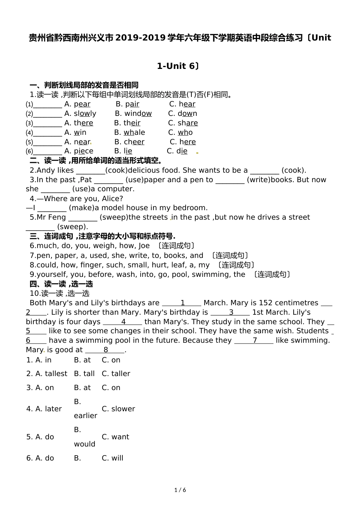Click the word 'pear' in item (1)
point(82,104)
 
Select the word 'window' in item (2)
point(138,114)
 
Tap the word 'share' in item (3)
point(188,123)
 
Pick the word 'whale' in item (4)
point(134,133)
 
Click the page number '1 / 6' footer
point(180,490)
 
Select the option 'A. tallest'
point(47,374)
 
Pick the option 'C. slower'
point(118,409)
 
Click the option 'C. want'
point(115,437)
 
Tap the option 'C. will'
point(113,458)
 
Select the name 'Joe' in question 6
point(143,246)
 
